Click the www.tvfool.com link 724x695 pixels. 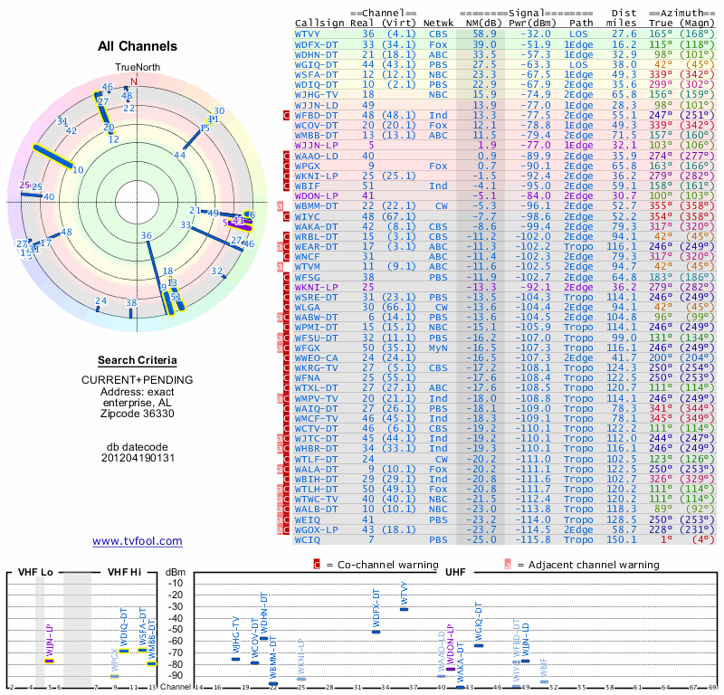(138, 541)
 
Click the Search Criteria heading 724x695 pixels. (138, 360)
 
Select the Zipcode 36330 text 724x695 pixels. (138, 414)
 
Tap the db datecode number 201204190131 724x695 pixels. (138, 458)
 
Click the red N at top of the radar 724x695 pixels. (134, 80)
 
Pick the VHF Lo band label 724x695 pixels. (35, 572)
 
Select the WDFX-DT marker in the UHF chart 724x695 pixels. (376, 631)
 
